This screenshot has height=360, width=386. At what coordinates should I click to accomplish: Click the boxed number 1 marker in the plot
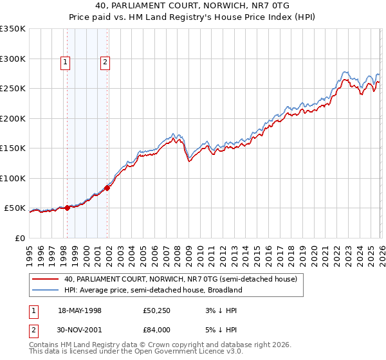[x=66, y=62]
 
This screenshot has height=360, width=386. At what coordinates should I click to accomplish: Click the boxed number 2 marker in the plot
[x=105, y=62]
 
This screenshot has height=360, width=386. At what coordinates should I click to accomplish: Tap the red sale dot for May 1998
[x=67, y=208]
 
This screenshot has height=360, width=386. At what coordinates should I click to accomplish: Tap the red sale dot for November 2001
[x=107, y=188]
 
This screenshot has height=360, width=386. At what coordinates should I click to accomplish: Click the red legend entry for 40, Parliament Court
[x=180, y=280]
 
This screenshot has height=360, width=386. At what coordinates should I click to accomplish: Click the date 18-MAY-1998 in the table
[x=80, y=310]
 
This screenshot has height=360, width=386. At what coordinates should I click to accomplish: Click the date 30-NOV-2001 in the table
[x=80, y=330]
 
